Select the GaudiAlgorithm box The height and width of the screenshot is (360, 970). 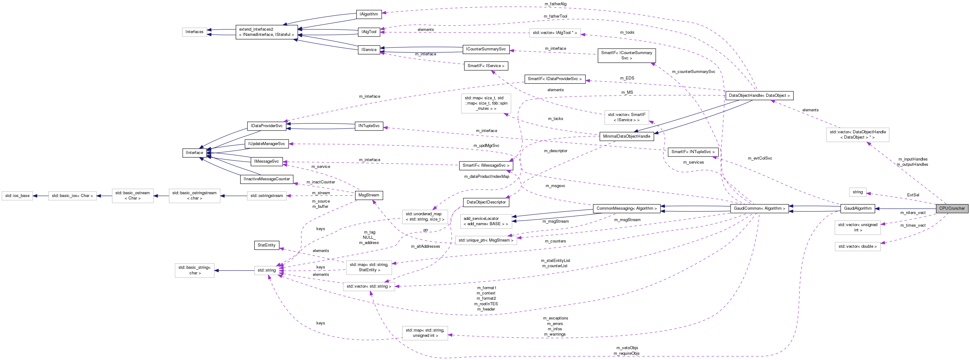pos(857,208)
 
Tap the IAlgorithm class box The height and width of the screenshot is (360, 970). pos(369,14)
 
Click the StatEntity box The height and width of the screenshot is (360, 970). pos(267,245)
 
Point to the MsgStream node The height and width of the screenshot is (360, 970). pos(369,195)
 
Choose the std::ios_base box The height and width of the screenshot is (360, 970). pos(17,196)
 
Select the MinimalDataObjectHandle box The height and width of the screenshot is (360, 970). pos(626,136)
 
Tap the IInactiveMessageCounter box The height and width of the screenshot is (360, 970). pos(267,179)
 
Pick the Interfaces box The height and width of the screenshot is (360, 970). pos(194,32)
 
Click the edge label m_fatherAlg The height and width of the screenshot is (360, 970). pos(556,4)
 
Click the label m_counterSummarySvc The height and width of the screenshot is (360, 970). pos(693,71)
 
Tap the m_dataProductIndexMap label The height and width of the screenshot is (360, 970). pos(486,177)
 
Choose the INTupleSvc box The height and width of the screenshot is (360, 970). pos(369,126)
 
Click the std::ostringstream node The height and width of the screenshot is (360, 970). pos(267,196)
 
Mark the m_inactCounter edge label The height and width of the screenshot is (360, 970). pos(320,182)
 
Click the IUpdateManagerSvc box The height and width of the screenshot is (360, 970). pos(267,144)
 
